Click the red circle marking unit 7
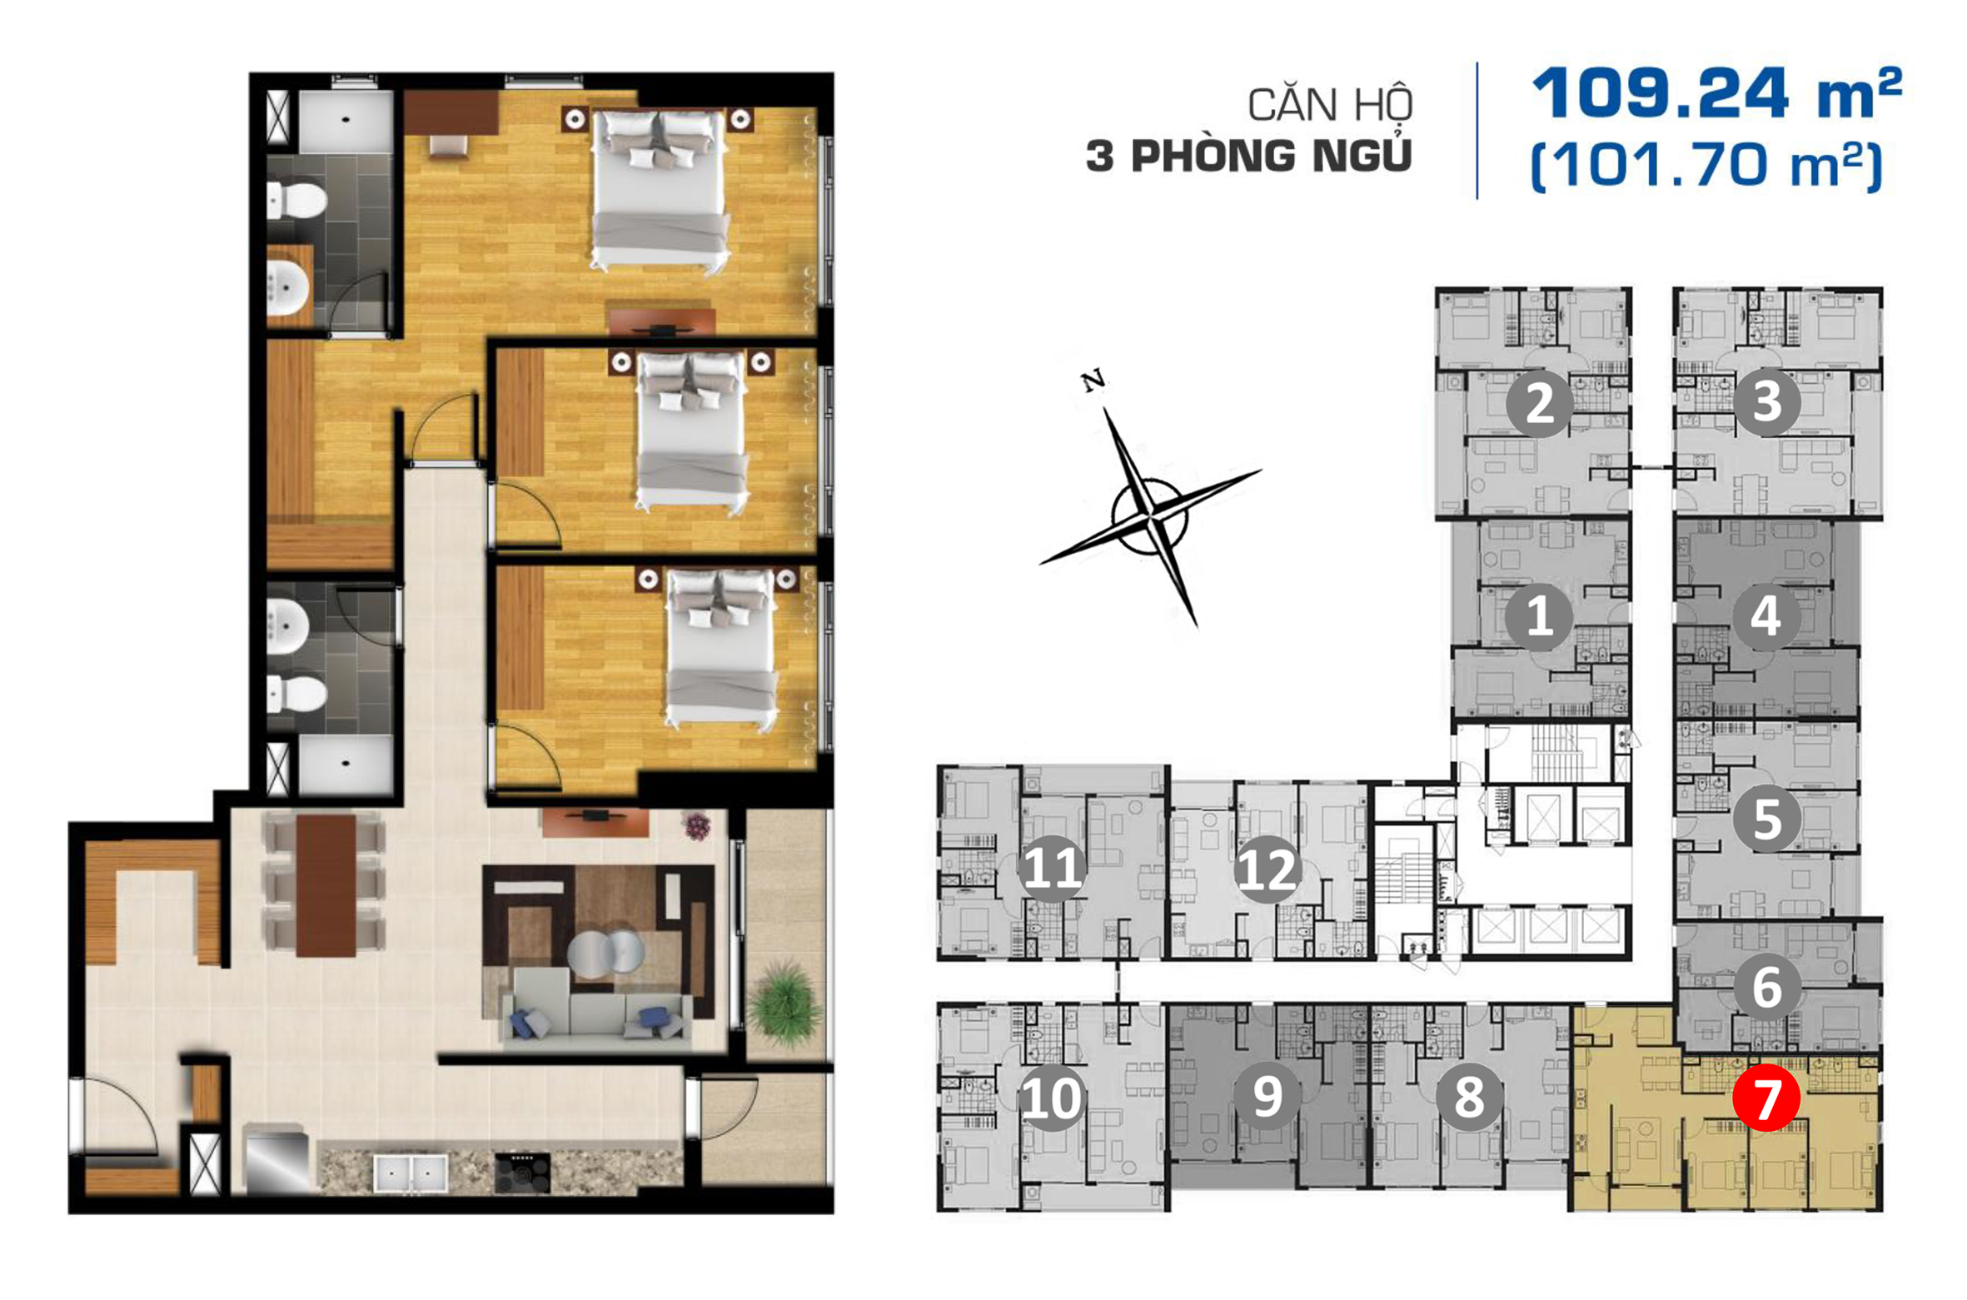pyautogui.click(x=1765, y=1098)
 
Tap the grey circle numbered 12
pyautogui.click(x=1267, y=869)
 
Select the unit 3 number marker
pyautogui.click(x=1766, y=402)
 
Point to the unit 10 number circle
pyautogui.click(x=1052, y=1097)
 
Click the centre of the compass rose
pyautogui.click(x=1150, y=517)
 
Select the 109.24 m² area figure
pyautogui.click(x=1717, y=93)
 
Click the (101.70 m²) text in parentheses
pyautogui.click(x=1706, y=166)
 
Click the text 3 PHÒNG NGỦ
pyautogui.click(x=1249, y=155)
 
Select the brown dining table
pyautogui.click(x=326, y=884)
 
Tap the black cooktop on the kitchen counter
pyautogui.click(x=522, y=1173)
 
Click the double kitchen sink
pyautogui.click(x=410, y=1173)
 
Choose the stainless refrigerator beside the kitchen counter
pyautogui.click(x=276, y=1158)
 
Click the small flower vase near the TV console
pyautogui.click(x=697, y=826)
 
